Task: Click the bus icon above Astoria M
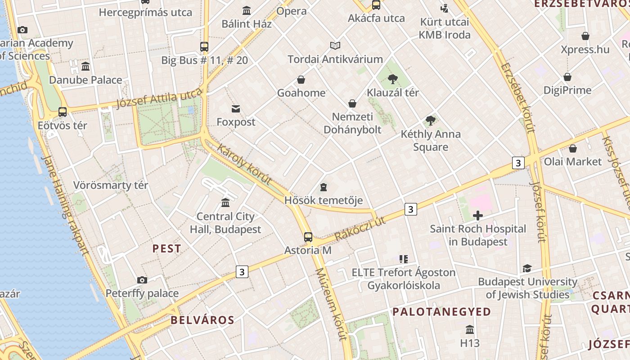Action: (x=308, y=237)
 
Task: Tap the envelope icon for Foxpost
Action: (x=236, y=109)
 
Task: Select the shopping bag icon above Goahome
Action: (x=301, y=80)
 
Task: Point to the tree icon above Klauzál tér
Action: (x=393, y=80)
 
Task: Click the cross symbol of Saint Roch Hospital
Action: (x=478, y=216)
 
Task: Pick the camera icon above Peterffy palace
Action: (x=142, y=280)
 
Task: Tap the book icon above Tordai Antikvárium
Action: (x=335, y=45)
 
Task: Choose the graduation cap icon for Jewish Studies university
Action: (x=527, y=269)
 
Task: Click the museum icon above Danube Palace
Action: (x=85, y=67)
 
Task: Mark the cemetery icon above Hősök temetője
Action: (x=323, y=187)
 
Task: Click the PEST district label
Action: (x=166, y=248)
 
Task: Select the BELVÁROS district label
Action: (x=202, y=320)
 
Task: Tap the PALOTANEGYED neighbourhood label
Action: (x=441, y=311)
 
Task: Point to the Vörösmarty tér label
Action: (x=111, y=185)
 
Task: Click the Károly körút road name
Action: (x=244, y=164)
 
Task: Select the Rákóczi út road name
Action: (x=360, y=228)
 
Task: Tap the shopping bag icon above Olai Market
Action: (x=573, y=148)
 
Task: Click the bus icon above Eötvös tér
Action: (x=63, y=112)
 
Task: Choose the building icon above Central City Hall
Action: (x=225, y=203)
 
